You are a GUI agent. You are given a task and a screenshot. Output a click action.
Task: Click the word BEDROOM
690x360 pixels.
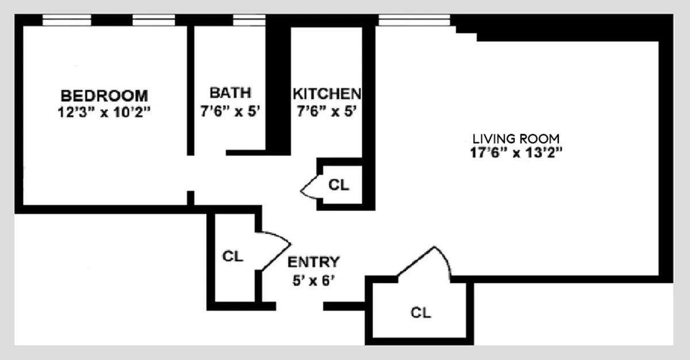pos(104,95)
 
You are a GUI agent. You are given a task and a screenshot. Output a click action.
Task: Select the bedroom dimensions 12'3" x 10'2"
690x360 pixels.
pos(104,112)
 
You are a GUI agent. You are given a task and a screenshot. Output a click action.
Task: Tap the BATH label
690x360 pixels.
pos(230,93)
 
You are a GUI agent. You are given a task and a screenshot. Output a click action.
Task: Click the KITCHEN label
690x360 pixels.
pos(327,94)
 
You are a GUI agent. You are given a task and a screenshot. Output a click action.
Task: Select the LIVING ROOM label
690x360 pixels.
pos(515,139)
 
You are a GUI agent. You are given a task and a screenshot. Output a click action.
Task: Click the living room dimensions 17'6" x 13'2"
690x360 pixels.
pos(515,154)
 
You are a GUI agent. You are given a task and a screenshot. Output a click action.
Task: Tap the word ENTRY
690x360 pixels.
pos(313,262)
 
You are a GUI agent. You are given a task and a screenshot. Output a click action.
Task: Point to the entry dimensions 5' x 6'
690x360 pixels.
pos(313,282)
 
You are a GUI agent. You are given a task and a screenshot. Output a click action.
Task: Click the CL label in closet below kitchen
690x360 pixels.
pos(339,185)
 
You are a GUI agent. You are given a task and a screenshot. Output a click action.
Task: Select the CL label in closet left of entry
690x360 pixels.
pos(232,256)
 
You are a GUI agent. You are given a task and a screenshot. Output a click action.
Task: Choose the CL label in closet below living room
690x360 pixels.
pos(420,313)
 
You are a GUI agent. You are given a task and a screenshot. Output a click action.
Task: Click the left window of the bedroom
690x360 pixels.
pos(67,20)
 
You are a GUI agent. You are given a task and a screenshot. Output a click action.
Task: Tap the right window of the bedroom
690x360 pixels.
pos(153,20)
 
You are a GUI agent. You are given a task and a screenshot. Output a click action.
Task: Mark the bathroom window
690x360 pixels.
pos(249,20)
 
